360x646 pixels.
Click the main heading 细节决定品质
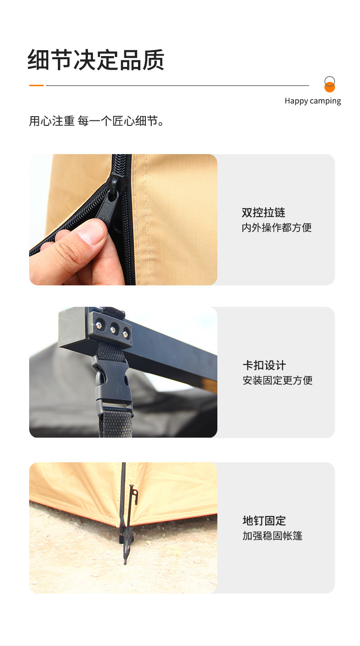(x=96, y=60)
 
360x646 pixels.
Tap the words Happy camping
(x=313, y=101)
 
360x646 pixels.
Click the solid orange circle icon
(x=329, y=87)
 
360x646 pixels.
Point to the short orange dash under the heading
(x=36, y=85)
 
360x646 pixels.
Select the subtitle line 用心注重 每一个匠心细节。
(x=96, y=121)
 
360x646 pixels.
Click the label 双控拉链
(x=263, y=212)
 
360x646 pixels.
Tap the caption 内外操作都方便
(x=277, y=227)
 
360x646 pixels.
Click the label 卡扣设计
(x=264, y=365)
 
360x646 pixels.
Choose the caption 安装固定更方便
(x=277, y=380)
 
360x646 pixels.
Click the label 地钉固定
(x=264, y=521)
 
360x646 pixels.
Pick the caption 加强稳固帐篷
(x=272, y=536)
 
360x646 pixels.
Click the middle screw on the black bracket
(x=113, y=329)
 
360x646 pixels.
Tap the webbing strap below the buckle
(x=115, y=424)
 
